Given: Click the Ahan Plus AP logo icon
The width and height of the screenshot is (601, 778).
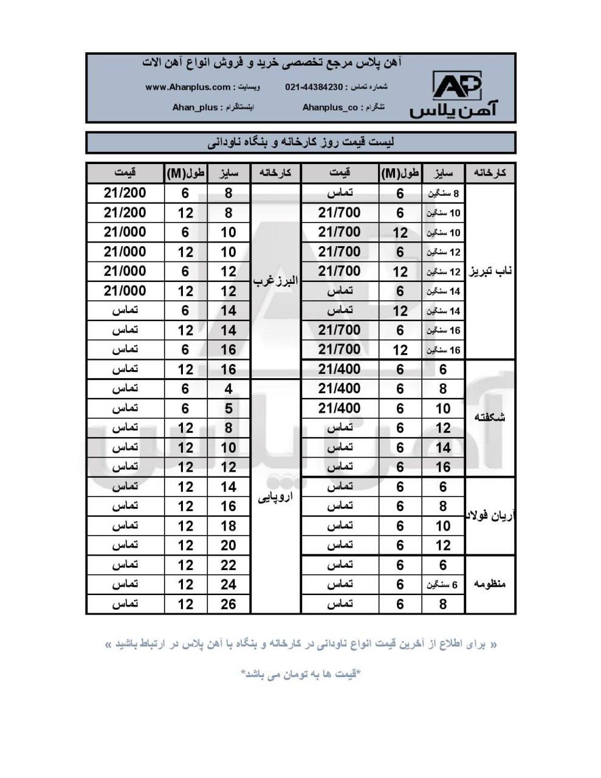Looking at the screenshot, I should coord(457,86).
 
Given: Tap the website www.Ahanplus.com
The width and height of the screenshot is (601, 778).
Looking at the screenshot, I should coord(188,87).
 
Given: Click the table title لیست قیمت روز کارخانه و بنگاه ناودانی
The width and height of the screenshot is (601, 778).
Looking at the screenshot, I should coord(301,143).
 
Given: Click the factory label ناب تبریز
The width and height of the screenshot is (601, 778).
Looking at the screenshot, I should coord(490,271).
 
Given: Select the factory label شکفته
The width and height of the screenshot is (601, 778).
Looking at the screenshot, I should coord(490,418).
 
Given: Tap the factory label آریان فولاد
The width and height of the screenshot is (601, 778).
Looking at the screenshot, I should coord(490,516).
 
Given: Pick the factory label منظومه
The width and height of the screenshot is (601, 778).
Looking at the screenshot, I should coord(490,584).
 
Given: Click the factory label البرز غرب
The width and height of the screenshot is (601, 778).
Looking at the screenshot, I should coord(275,281).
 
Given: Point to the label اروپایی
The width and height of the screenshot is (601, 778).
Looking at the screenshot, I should coord(275,497).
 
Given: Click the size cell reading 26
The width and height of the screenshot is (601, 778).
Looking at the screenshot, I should coord(228,604).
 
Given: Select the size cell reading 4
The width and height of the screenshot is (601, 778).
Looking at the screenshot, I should coord(228,389).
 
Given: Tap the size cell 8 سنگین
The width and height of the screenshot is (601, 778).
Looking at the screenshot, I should coord(444,194).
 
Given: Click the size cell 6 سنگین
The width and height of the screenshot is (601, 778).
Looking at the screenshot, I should coord(444,585).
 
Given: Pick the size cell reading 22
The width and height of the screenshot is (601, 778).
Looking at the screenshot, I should coord(228,565).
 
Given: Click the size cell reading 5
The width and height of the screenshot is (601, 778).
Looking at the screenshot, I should coord(228,408).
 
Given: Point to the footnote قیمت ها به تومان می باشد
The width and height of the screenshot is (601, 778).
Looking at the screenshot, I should coord(301,674).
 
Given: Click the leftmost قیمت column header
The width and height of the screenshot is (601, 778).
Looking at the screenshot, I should coord(125,173).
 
